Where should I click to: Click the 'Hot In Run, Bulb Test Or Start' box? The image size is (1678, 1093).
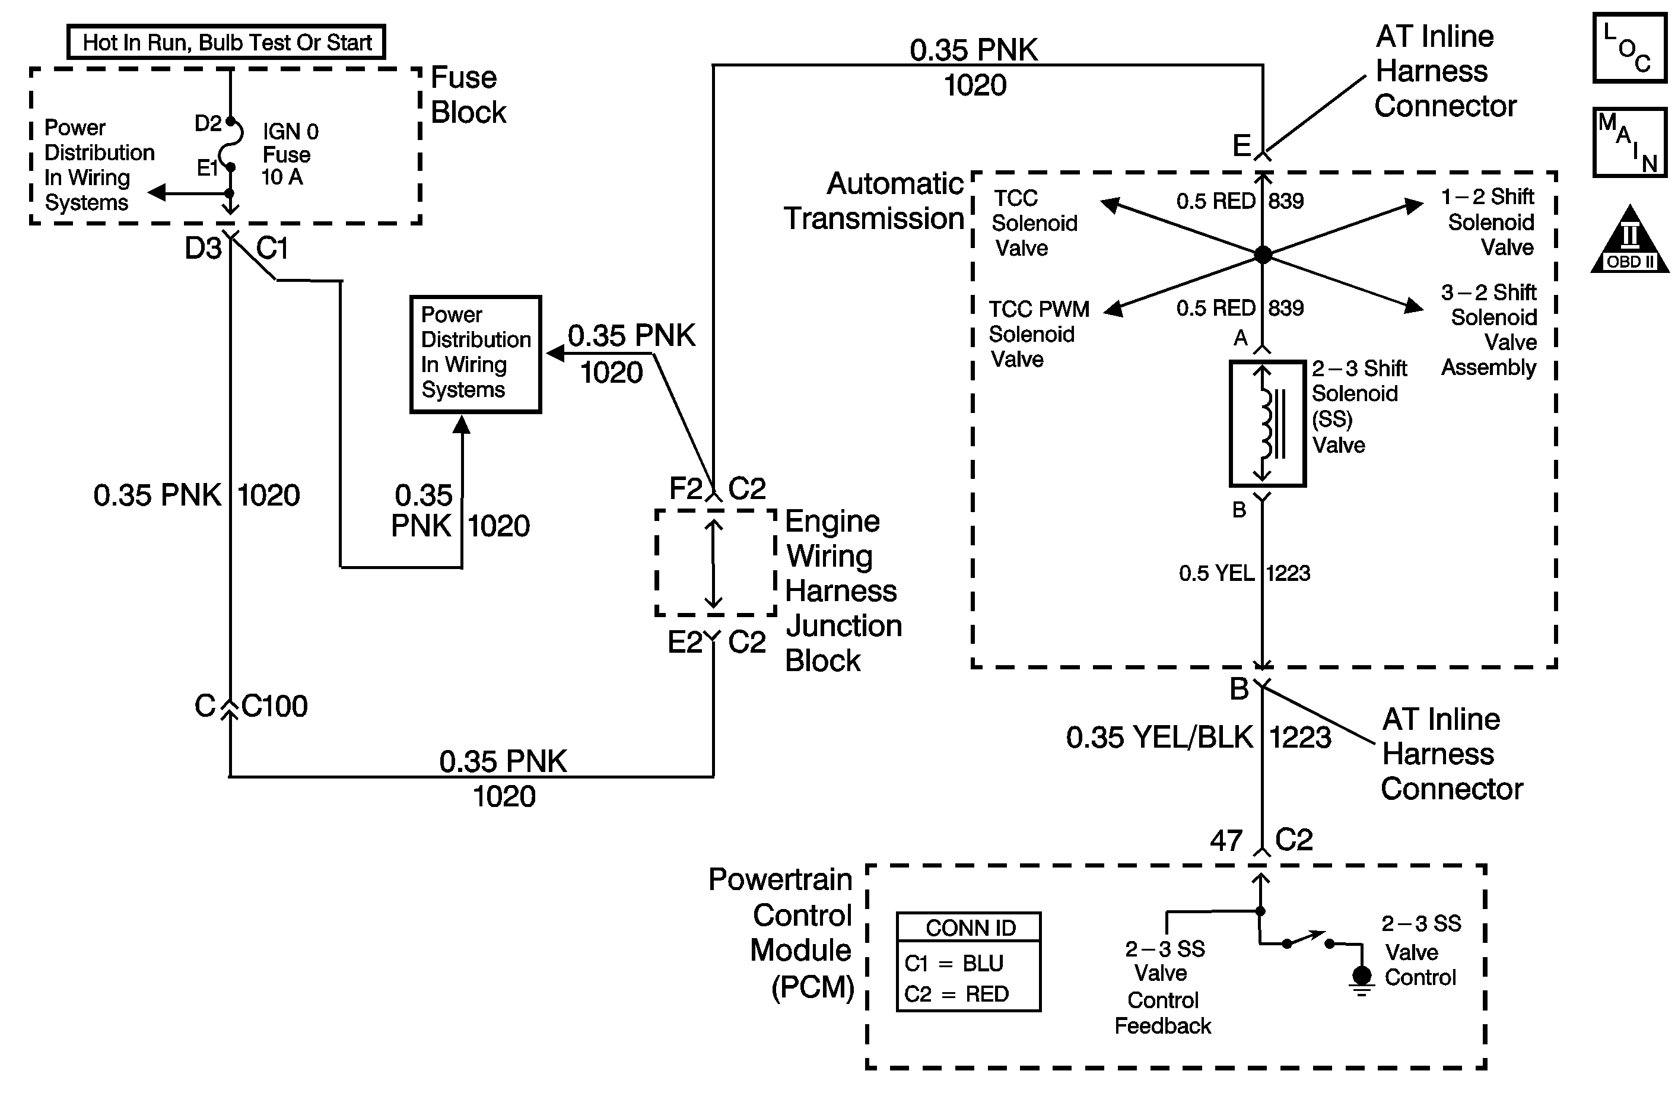point(226,42)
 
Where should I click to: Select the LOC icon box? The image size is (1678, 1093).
point(1629,49)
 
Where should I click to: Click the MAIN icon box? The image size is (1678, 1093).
point(1629,142)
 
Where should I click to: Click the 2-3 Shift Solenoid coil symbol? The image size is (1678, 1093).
point(1267,423)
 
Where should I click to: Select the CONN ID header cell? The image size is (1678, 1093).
point(970,928)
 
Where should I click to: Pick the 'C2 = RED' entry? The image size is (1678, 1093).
point(956,994)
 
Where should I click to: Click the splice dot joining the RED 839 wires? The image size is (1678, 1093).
point(1263,255)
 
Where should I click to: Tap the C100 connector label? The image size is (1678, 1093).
point(274,706)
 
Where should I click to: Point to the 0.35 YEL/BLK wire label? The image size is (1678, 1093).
point(1159,738)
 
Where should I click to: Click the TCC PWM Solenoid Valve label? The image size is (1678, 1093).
point(1038,334)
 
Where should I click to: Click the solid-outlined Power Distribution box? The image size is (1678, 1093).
point(476,354)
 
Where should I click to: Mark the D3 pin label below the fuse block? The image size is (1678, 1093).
point(202,248)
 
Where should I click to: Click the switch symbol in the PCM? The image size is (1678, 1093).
point(1308,940)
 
